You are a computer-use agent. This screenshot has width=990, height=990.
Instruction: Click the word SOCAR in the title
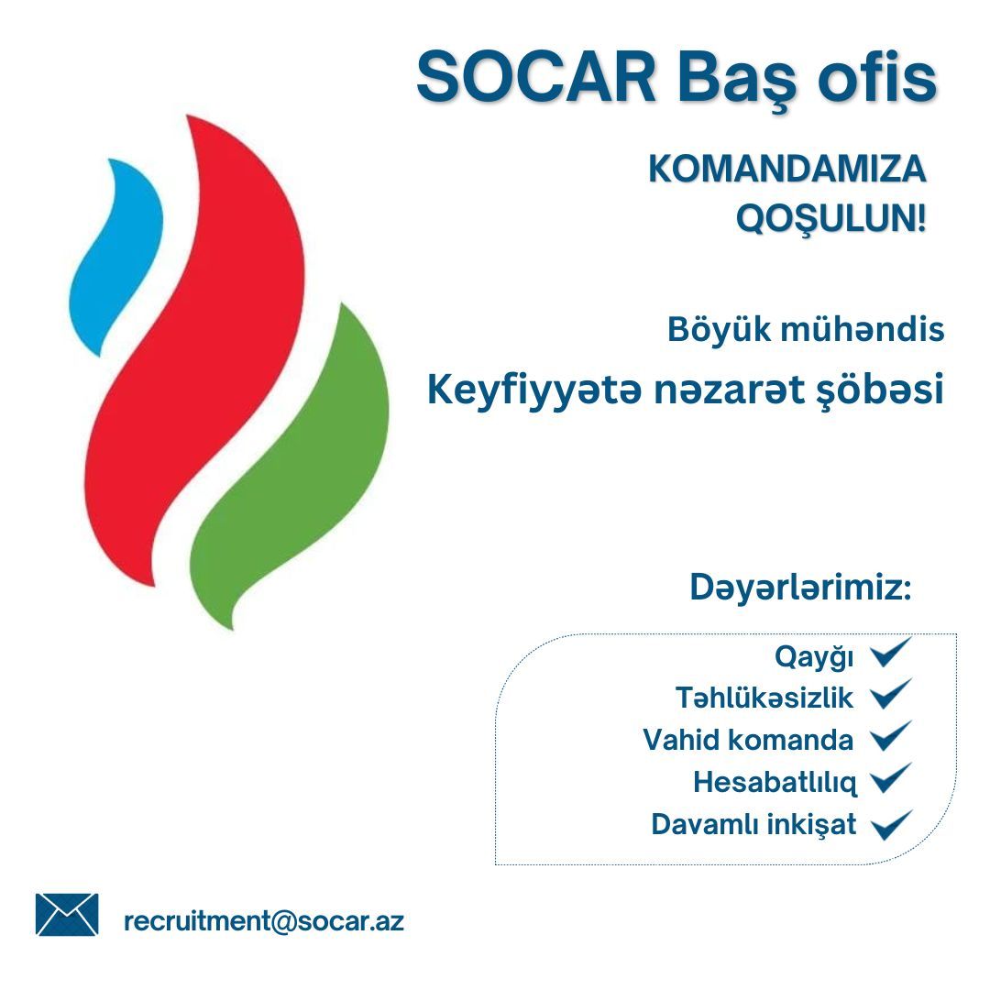pos(536,77)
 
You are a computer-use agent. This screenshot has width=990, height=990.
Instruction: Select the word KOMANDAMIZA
pos(787,169)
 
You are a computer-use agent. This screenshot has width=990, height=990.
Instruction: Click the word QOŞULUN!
pos(830,219)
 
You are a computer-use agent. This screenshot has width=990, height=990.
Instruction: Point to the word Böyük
pos(719,330)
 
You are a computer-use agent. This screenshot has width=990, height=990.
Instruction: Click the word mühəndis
pos(863,330)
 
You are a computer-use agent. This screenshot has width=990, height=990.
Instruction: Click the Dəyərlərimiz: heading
pos(800,588)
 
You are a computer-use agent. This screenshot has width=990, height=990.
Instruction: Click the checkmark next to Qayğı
pos(891,653)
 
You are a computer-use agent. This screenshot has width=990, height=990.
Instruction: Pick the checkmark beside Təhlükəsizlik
pos(891,694)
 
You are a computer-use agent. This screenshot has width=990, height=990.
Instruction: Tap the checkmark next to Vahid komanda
pos(891,736)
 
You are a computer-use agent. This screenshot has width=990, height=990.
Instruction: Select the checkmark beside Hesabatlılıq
pos(891,778)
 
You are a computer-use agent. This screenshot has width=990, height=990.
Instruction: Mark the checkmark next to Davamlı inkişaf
pos(891,825)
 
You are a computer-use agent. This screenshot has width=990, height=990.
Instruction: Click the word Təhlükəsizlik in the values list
pos(764,698)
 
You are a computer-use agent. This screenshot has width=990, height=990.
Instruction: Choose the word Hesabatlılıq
pos(775,783)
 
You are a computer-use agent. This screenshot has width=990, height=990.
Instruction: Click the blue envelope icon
pos(67,914)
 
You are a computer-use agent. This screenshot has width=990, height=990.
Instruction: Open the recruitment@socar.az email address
pos(264,921)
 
